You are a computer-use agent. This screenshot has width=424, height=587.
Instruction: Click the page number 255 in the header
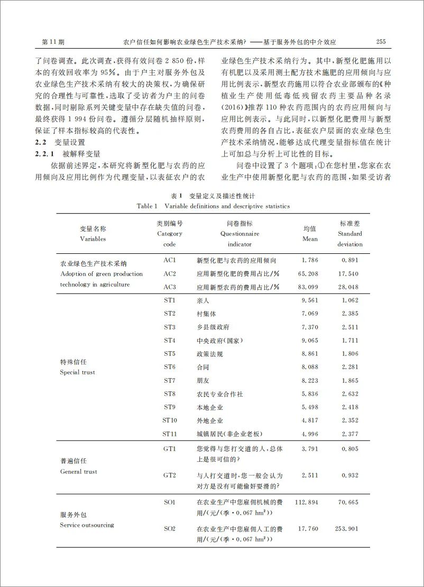381,42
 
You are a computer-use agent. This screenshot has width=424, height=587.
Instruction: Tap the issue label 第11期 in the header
53,42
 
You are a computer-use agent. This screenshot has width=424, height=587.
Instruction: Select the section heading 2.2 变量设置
59,143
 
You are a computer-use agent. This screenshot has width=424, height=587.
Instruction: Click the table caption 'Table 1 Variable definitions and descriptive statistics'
213,206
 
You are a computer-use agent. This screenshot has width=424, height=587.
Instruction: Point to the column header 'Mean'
310,239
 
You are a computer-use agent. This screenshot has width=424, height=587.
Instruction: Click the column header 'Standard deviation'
350,239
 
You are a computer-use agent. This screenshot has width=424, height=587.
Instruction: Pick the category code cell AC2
170,273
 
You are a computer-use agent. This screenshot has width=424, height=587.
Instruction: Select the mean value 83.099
309,287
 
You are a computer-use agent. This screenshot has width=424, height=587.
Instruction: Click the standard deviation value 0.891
350,260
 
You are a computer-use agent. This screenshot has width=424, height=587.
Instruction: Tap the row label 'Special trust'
77,372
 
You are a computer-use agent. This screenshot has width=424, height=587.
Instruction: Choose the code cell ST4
170,340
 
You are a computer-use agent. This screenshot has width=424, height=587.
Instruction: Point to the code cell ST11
170,434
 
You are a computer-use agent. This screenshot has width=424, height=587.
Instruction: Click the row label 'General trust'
79,471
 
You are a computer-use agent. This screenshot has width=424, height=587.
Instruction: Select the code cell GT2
170,475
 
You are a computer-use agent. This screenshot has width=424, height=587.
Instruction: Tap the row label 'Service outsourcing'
87,525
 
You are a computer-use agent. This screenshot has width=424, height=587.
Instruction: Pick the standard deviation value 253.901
347,528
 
